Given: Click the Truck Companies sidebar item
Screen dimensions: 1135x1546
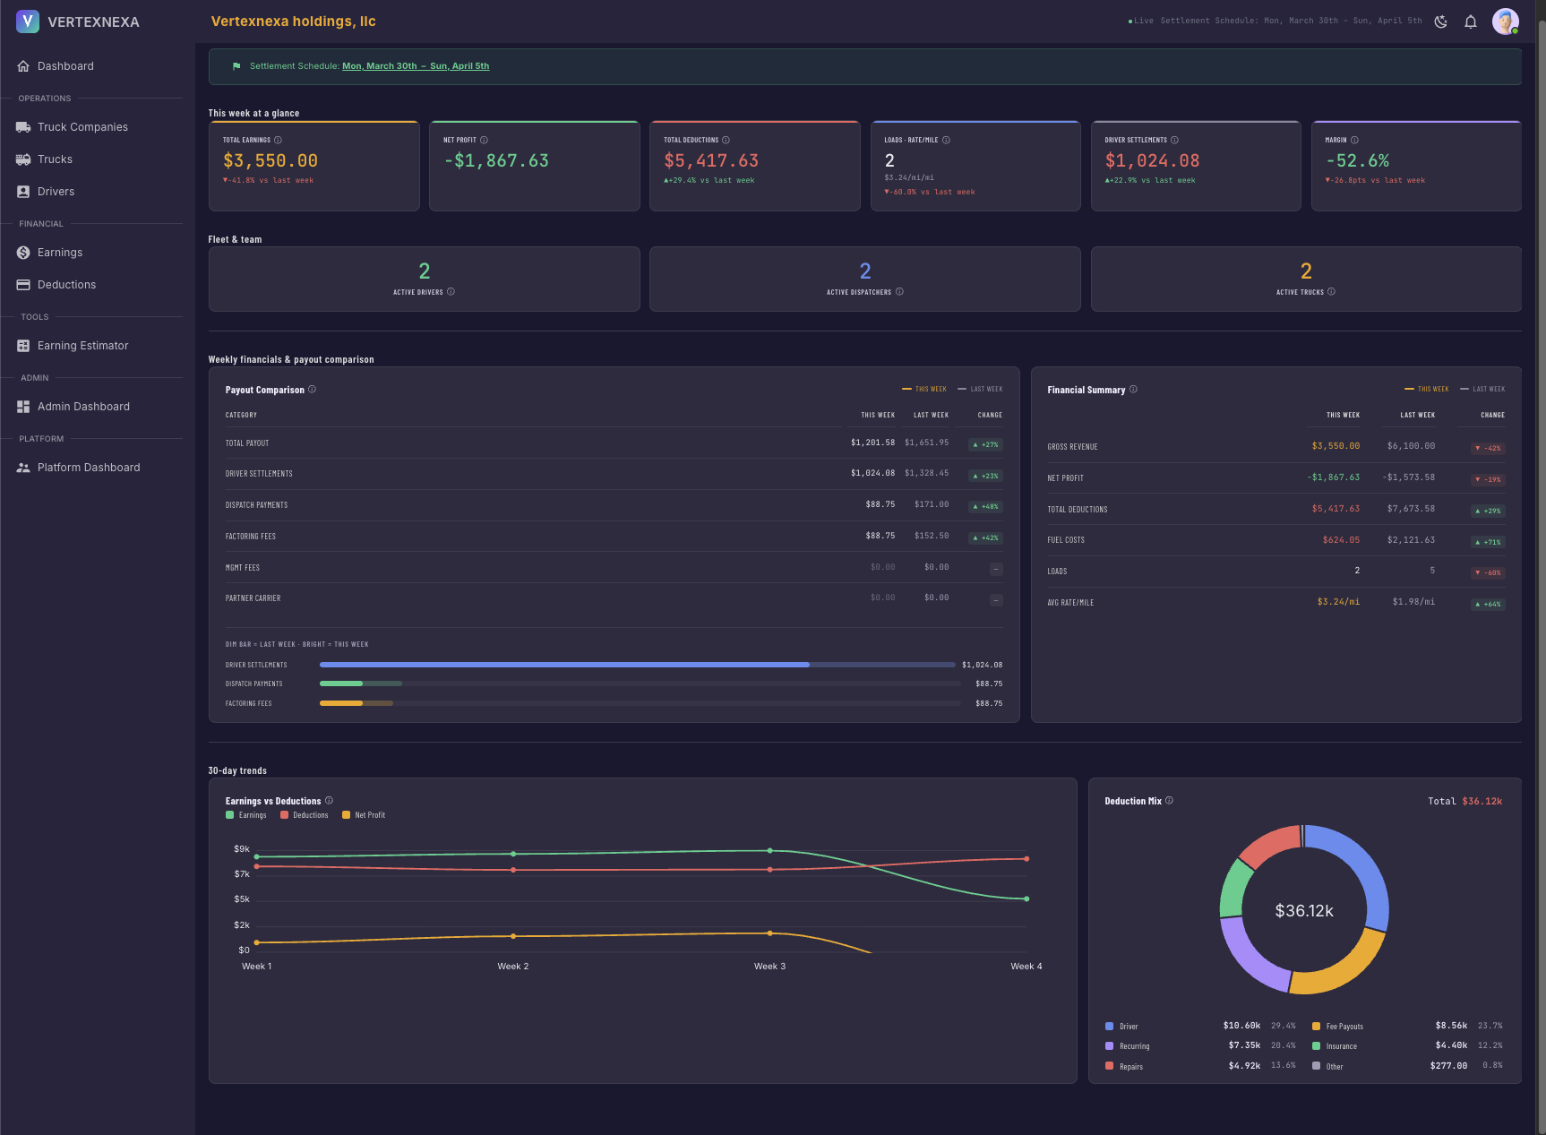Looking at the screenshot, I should coord(82,127).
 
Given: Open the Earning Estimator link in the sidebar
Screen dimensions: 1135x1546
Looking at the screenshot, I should coord(82,346).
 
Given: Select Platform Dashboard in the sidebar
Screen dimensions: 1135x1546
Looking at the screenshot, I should coord(88,468).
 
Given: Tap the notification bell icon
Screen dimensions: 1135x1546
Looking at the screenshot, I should coord(1470,21).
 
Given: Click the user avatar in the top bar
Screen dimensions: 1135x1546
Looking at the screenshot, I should coord(1505,21).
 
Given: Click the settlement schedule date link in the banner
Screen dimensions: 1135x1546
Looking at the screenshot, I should coord(416,66).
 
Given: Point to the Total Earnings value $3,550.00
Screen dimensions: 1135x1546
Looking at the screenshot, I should coord(271,161).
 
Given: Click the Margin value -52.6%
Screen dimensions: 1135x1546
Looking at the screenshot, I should coord(1357,161).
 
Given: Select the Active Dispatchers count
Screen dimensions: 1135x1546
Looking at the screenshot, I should coord(864,271).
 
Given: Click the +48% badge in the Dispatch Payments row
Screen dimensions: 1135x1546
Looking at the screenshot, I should coord(985,507).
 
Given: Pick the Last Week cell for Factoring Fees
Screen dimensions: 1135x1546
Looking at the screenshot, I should coord(931,536).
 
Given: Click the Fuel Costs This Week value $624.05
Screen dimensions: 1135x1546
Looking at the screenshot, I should coord(1340,540).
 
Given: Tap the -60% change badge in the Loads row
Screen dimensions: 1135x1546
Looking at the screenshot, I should coord(1488,573).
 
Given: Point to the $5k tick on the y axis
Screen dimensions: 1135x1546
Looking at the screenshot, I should coord(242,899).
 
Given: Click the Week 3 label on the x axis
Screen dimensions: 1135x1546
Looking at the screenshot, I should coord(769,967).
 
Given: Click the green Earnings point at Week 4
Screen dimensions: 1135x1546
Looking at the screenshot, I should coord(1026,899).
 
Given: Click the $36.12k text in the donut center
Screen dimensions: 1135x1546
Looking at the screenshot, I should coord(1303,911).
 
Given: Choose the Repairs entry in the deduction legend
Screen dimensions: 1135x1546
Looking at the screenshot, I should coord(1130,1067).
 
